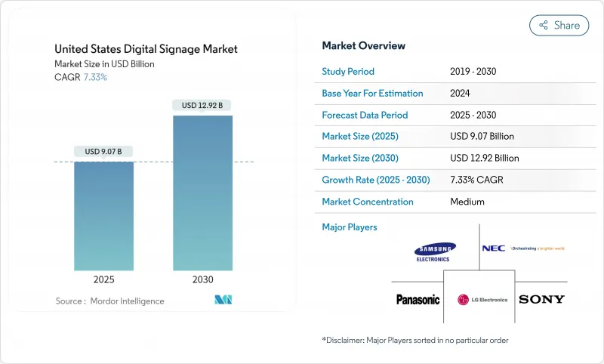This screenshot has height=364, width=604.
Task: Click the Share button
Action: tap(559, 25)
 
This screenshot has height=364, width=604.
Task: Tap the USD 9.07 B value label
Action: tap(103, 152)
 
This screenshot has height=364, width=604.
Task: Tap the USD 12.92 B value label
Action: tap(202, 105)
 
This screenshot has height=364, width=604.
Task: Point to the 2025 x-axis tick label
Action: tap(103, 279)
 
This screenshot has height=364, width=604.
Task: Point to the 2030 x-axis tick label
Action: tap(202, 279)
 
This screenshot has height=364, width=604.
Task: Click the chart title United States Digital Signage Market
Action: tap(146, 49)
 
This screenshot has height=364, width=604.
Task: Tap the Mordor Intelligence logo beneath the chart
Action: tap(223, 300)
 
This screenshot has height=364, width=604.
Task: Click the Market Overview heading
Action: tap(363, 46)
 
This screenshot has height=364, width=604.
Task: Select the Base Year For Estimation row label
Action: tap(372, 93)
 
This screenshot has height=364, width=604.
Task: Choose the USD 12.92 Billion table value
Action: tap(484, 158)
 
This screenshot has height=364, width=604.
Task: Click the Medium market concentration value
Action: tap(467, 202)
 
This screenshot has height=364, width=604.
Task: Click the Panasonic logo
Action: tap(418, 300)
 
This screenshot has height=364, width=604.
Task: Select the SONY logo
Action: tap(541, 299)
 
